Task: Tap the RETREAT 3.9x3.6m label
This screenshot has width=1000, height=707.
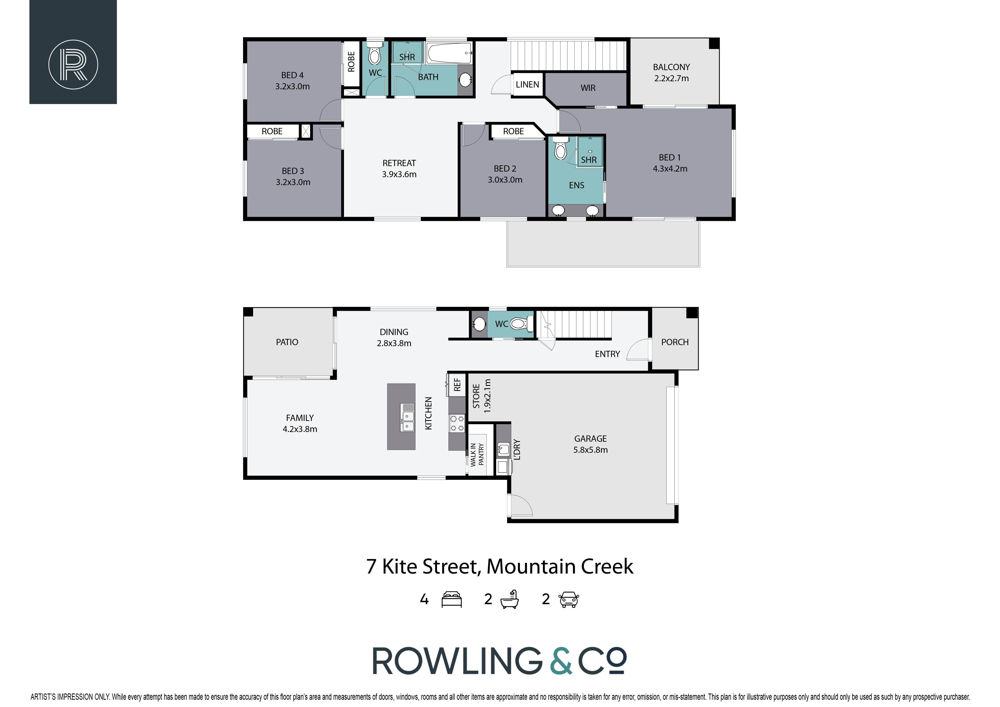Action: point(399,169)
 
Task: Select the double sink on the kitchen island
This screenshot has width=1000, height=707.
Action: point(408,417)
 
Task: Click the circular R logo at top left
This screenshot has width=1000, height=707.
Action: point(73,65)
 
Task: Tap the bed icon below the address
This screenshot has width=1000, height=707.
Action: point(452,599)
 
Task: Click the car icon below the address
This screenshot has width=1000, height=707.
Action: point(569,599)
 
